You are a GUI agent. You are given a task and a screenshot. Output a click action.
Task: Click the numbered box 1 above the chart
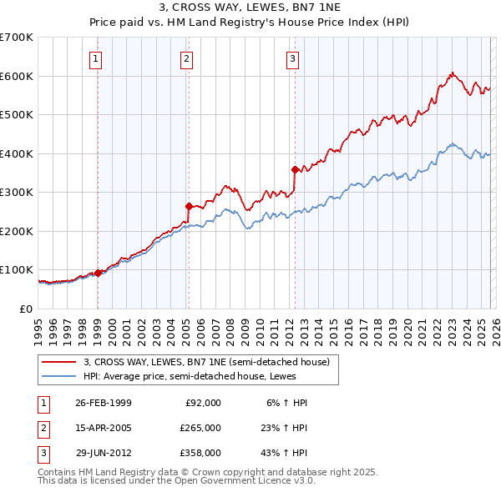97,58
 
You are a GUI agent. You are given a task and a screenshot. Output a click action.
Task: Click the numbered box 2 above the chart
185,58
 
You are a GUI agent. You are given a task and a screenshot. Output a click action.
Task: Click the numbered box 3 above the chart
293,58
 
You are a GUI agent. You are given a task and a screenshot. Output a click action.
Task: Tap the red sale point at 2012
295,169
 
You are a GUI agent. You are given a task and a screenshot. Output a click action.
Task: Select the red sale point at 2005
189,205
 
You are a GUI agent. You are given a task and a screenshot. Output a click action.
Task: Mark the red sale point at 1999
99,273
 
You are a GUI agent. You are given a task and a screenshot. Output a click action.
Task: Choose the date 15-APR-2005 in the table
104,428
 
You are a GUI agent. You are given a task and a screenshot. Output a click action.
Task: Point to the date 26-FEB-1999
104,403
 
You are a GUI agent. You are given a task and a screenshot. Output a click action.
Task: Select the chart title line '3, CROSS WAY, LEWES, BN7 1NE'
250,9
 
